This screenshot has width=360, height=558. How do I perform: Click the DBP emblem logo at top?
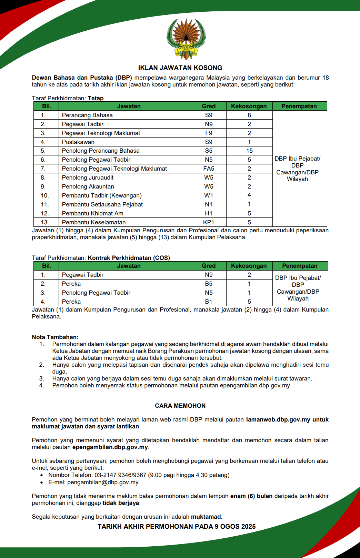[x=186, y=39]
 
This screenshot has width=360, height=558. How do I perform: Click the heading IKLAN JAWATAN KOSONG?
[x=180, y=68]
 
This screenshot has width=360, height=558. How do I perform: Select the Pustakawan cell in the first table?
[x=78, y=142]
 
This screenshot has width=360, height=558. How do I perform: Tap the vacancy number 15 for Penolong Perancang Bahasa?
[x=249, y=151]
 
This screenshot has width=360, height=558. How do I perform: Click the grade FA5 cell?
[x=209, y=169]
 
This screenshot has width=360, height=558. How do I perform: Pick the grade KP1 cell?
[x=209, y=222]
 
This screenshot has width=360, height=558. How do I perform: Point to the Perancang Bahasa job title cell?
[x=87, y=115]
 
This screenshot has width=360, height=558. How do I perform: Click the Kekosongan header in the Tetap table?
[x=249, y=106]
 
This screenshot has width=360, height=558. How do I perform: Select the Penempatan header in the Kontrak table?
[x=299, y=266]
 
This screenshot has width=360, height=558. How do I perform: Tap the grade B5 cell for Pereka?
[x=209, y=284]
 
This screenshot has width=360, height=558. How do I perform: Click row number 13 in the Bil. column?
[x=45, y=222]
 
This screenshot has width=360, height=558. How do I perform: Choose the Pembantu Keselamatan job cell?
[x=94, y=222]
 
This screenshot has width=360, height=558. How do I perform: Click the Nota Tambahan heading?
[x=55, y=337]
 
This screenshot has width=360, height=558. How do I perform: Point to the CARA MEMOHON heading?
[x=180, y=406]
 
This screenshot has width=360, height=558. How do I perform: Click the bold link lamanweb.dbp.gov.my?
[x=278, y=419]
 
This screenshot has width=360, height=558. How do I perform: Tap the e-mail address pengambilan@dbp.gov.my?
[x=103, y=482]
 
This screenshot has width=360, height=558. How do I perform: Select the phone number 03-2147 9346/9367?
[x=120, y=475]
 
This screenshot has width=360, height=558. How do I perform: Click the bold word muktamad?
[x=207, y=517]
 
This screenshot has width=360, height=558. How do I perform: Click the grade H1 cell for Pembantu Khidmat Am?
[x=209, y=213]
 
